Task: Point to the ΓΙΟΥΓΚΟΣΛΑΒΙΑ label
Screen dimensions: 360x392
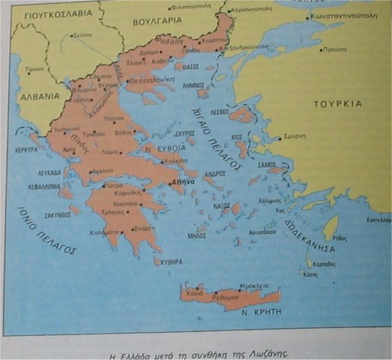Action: click(52, 13)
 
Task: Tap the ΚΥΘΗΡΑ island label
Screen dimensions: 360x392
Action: click(172, 262)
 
